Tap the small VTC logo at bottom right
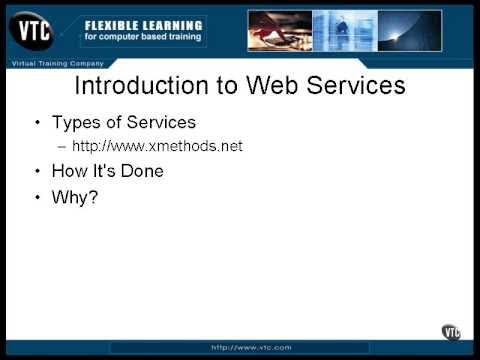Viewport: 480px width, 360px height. (x=451, y=332)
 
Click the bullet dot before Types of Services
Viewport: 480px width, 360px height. (x=38, y=123)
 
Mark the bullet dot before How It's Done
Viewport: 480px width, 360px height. (x=38, y=171)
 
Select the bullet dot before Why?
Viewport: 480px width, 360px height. (x=38, y=197)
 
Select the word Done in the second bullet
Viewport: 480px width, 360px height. (x=141, y=171)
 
